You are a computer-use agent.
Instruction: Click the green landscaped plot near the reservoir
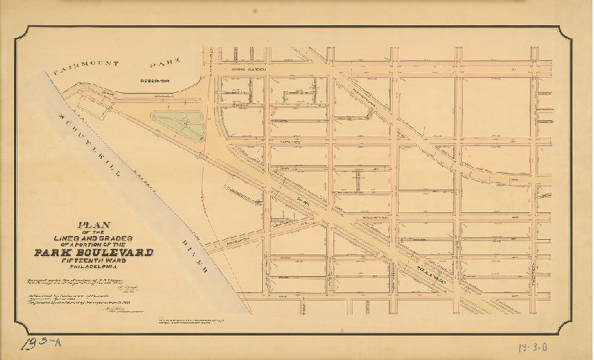pos(178,123)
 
